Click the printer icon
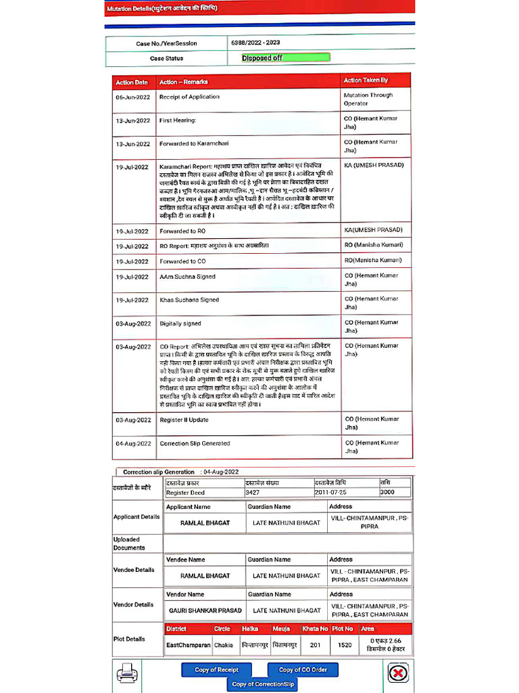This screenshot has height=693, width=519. pyautogui.click(x=126, y=672)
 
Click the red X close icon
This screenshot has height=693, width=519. pyautogui.click(x=398, y=673)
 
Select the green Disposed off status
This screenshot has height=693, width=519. pyautogui.click(x=285, y=58)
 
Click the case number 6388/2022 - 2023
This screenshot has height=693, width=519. pyautogui.click(x=255, y=43)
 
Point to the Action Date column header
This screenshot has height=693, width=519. pyautogui.click(x=132, y=82)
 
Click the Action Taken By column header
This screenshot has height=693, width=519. pyautogui.click(x=366, y=81)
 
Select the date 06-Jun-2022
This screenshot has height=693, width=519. pyautogui.click(x=132, y=97)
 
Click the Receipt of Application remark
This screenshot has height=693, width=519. pyautogui.click(x=189, y=97)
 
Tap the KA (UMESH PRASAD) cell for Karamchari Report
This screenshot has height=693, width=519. pyautogui.click(x=374, y=165)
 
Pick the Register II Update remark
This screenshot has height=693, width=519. pyautogui.click(x=184, y=420)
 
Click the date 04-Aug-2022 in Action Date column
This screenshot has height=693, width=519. pyautogui.click(x=132, y=444)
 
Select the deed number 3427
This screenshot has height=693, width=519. pyautogui.click(x=252, y=493)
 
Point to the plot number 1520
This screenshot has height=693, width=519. pyautogui.click(x=345, y=645)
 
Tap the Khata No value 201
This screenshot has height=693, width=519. pyautogui.click(x=315, y=645)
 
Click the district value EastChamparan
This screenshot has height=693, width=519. pyautogui.click(x=188, y=645)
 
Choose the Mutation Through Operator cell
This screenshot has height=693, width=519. pyautogui.click(x=368, y=99)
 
